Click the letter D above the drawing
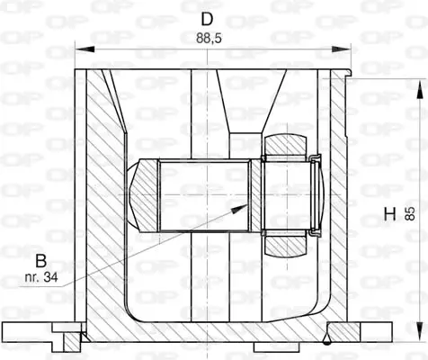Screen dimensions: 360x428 (208, 19)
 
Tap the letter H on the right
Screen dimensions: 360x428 (389, 213)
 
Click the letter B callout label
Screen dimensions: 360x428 (40, 260)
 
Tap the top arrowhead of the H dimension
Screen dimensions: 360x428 (420, 84)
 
